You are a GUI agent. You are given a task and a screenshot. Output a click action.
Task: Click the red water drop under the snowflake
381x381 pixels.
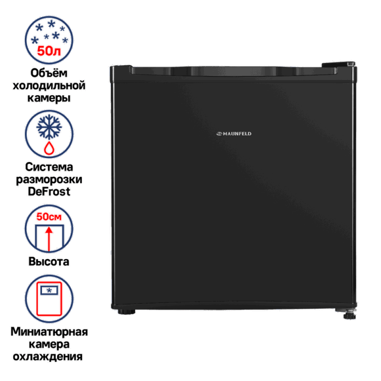click(x=49, y=147)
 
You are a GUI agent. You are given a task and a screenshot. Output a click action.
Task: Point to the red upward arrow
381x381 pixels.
click(x=49, y=238)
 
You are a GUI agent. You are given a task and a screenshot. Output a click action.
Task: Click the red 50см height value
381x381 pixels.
click(x=49, y=216)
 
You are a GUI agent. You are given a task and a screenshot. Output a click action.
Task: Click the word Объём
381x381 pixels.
click(x=49, y=73)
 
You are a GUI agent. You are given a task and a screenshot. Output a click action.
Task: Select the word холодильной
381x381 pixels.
click(x=49, y=85)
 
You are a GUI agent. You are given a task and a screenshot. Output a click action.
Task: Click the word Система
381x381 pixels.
click(x=49, y=168)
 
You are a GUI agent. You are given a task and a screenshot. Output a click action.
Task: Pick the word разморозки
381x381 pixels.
click(x=49, y=180)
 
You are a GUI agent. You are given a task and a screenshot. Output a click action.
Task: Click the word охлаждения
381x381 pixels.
click(x=49, y=357)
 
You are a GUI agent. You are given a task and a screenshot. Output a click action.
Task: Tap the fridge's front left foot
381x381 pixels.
click(x=126, y=313)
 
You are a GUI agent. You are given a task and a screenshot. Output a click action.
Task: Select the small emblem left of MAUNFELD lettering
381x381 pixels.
click(x=219, y=134)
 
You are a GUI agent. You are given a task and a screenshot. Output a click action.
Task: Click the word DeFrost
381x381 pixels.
click(x=49, y=192)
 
